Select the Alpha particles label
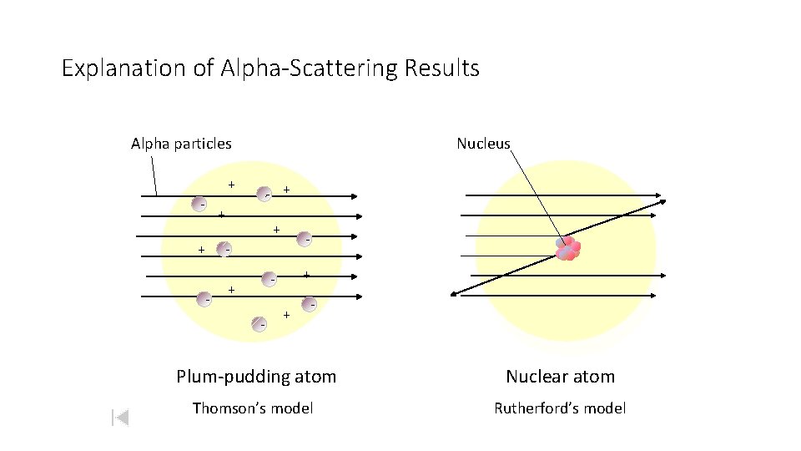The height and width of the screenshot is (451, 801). tap(181, 144)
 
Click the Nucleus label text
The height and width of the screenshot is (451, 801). tap(483, 144)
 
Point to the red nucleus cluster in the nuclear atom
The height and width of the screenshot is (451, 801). tap(568, 248)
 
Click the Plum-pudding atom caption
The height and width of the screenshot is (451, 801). tap(256, 377)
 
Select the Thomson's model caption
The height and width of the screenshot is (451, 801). tap(253, 408)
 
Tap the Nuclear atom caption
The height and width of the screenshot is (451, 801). tap(560, 377)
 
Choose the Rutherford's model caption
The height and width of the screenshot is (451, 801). tap(560, 408)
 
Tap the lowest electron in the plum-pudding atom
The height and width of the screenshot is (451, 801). tap(261, 323)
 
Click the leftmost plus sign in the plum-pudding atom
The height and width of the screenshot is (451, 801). tap(201, 250)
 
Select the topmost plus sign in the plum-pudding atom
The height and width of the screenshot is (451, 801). tap(231, 184)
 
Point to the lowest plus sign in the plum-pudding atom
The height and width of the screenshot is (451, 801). tap(286, 315)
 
